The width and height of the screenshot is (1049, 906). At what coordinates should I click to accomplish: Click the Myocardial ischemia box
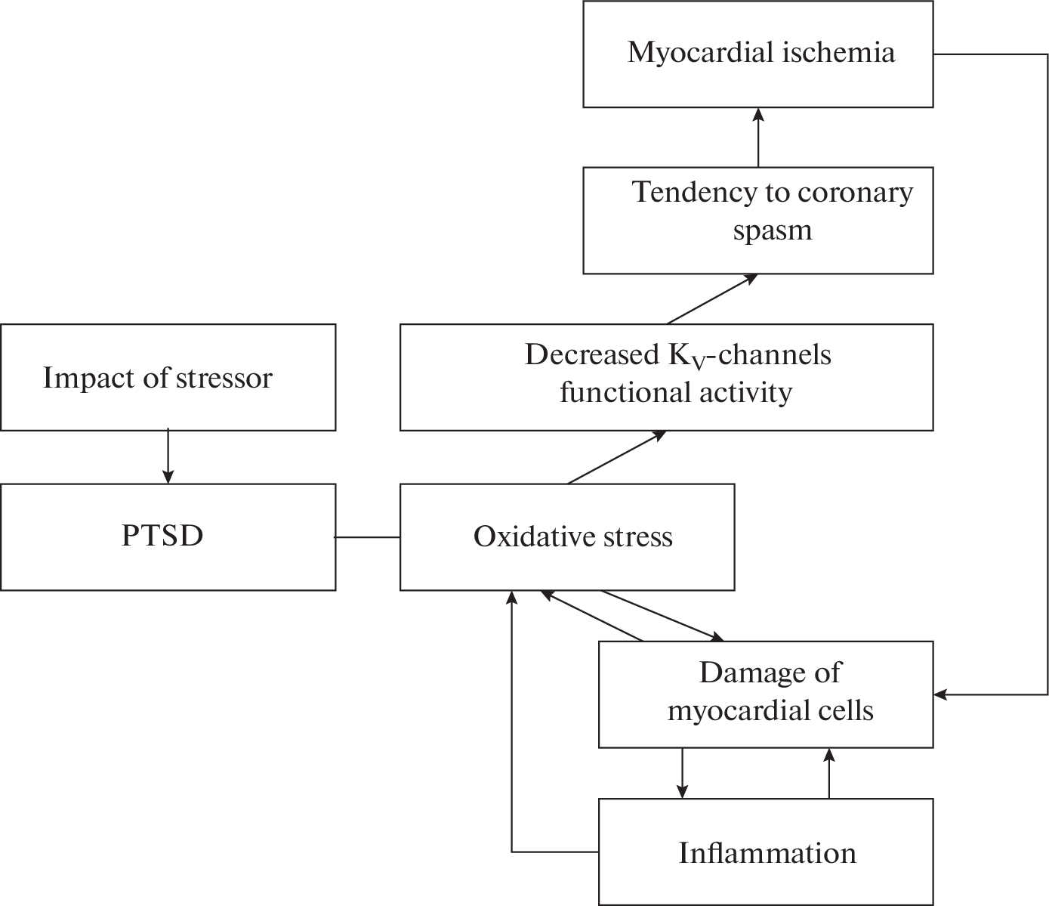coord(757,54)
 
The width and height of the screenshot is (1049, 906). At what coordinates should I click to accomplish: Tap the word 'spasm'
coord(772,230)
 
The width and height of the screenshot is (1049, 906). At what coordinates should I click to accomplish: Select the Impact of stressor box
coord(168,377)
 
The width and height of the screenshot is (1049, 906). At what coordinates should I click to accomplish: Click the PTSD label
coord(162,536)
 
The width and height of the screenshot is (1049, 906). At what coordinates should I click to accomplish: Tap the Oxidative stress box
coord(566,536)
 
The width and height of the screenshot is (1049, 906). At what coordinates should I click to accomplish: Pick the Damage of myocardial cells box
coord(766,694)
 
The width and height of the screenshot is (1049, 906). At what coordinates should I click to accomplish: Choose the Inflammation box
coord(766,852)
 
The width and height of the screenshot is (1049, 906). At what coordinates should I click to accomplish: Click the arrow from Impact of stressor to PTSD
coord(168,456)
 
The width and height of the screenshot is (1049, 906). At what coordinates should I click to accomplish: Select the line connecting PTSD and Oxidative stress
coord(367,537)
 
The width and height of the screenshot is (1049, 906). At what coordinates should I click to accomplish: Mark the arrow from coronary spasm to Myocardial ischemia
coord(758,138)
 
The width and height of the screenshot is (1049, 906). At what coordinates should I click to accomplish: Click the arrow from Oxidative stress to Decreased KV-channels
coord(616,457)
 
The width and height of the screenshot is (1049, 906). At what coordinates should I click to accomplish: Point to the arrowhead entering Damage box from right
coord(940,694)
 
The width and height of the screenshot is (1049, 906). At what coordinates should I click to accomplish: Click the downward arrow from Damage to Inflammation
coord(682,773)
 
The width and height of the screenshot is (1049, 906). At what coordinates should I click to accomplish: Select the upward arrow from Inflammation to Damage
coord(828,773)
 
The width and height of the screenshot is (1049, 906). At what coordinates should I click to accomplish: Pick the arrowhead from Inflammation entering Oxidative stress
coord(512,598)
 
